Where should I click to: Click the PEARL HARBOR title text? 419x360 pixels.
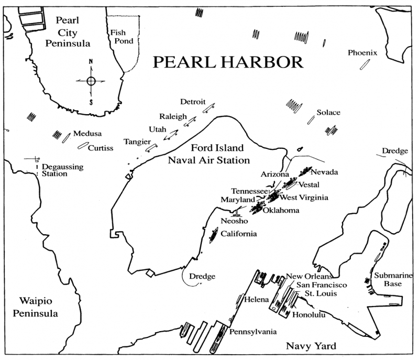point(228,62)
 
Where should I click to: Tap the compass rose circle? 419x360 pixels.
point(91,81)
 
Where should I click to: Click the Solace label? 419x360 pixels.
point(328,113)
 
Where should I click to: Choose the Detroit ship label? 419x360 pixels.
point(193,102)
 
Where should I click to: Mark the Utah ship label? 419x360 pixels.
point(157,128)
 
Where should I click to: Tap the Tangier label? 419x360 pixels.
point(137,142)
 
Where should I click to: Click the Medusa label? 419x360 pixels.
point(87,134)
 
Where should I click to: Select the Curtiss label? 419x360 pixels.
point(101,148)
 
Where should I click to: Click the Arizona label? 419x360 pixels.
point(274,173)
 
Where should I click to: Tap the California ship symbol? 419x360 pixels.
point(213,235)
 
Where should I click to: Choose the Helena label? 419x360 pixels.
point(257,299)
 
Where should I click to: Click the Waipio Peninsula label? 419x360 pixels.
point(36,308)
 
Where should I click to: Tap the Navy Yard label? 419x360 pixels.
point(311,346)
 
